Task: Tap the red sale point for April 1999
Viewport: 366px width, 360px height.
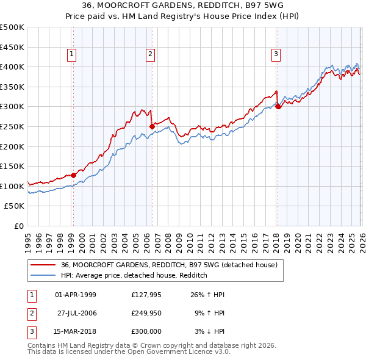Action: pyautogui.click(x=73, y=175)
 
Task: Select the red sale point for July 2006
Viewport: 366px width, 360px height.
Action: pyautogui.click(x=152, y=126)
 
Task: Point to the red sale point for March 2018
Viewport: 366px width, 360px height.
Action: pyautogui.click(x=278, y=106)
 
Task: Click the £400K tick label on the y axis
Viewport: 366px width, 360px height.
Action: pyautogui.click(x=12, y=67)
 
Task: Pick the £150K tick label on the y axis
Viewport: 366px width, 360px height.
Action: pyautogui.click(x=12, y=166)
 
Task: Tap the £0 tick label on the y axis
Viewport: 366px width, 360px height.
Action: pyautogui.click(x=18, y=226)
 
